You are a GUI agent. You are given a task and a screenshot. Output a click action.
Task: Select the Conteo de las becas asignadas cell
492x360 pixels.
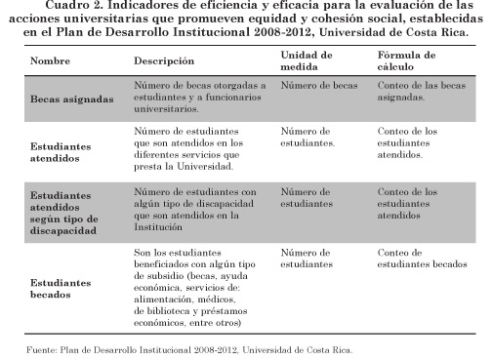click(x=418, y=92)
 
